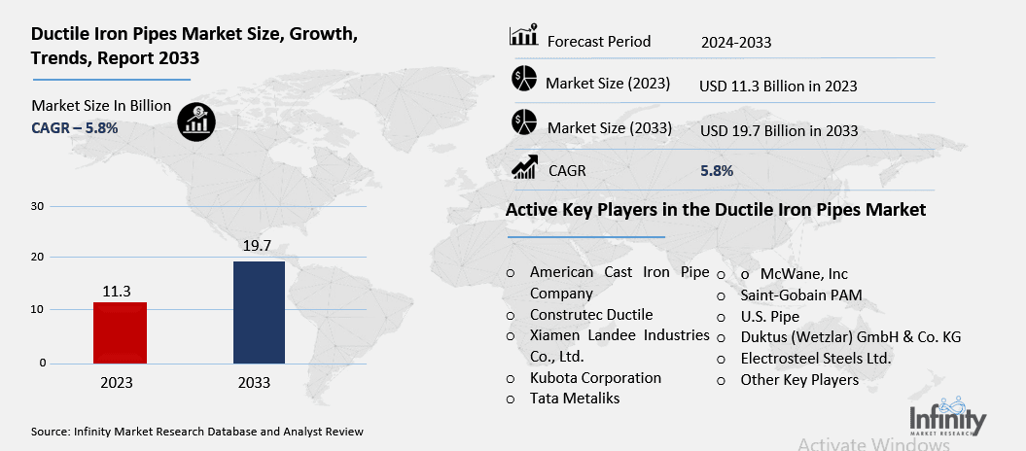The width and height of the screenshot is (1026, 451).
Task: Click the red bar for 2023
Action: click(119, 332)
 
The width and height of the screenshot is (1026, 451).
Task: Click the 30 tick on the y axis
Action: click(38, 206)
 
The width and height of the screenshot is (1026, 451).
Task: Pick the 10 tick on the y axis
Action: click(38, 310)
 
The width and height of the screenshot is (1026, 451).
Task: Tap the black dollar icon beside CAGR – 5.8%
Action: click(197, 121)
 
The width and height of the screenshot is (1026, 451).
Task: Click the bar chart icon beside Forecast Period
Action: click(523, 38)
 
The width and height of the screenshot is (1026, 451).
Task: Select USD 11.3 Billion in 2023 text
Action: click(778, 86)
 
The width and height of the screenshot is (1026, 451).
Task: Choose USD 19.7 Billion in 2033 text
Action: click(779, 129)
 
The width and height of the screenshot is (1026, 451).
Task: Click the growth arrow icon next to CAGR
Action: click(524, 168)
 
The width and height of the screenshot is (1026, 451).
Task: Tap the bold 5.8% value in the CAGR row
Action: click(717, 171)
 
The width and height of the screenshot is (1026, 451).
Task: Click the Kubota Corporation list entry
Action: click(595, 377)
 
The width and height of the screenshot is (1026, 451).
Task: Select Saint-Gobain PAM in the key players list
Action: click(801, 295)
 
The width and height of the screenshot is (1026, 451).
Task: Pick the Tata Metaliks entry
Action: click(576, 399)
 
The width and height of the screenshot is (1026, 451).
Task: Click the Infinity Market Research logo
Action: click(946, 418)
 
